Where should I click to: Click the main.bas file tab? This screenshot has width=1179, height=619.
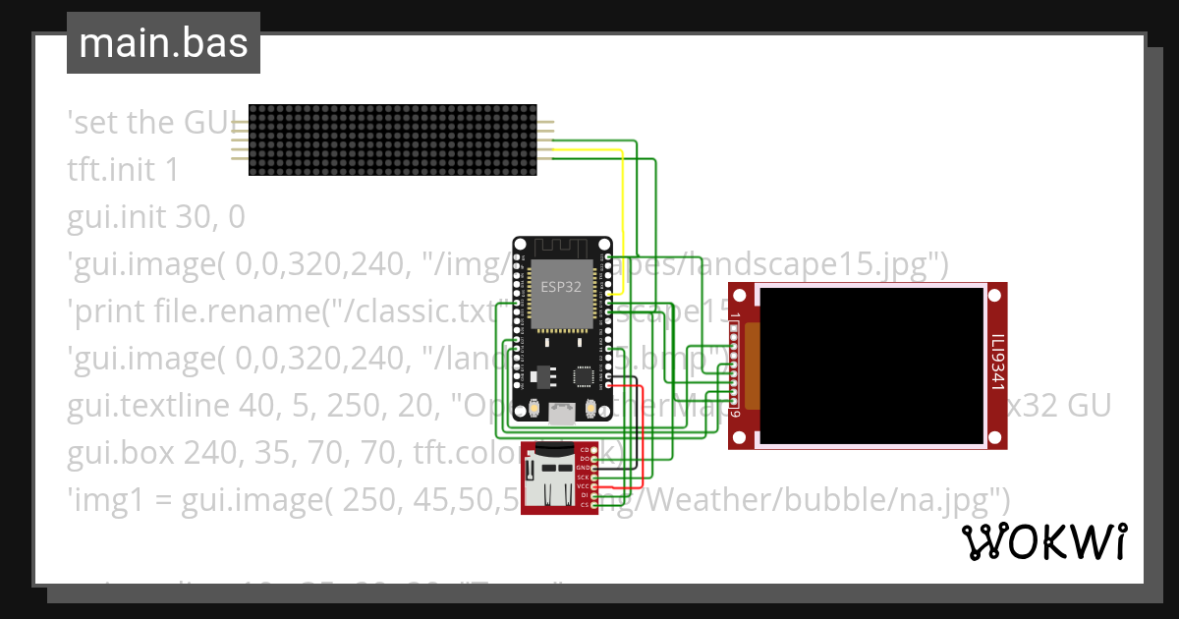click(163, 43)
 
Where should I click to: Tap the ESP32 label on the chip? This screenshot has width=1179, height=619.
click(561, 287)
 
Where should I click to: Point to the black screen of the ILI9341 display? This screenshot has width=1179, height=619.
click(872, 366)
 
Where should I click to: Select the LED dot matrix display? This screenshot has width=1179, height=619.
click(392, 140)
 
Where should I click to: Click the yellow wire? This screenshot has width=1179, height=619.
click(623, 216)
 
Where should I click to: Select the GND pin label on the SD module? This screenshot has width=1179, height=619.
click(582, 468)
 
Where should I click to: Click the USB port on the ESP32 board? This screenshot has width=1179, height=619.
click(561, 414)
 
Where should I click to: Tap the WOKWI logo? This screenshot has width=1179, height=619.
click(1043, 541)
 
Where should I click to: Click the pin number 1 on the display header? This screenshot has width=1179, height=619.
click(735, 317)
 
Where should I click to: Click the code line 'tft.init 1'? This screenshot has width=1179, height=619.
click(123, 169)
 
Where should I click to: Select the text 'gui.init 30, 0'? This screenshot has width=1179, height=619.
click(155, 215)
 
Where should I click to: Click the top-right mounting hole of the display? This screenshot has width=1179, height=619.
click(997, 293)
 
